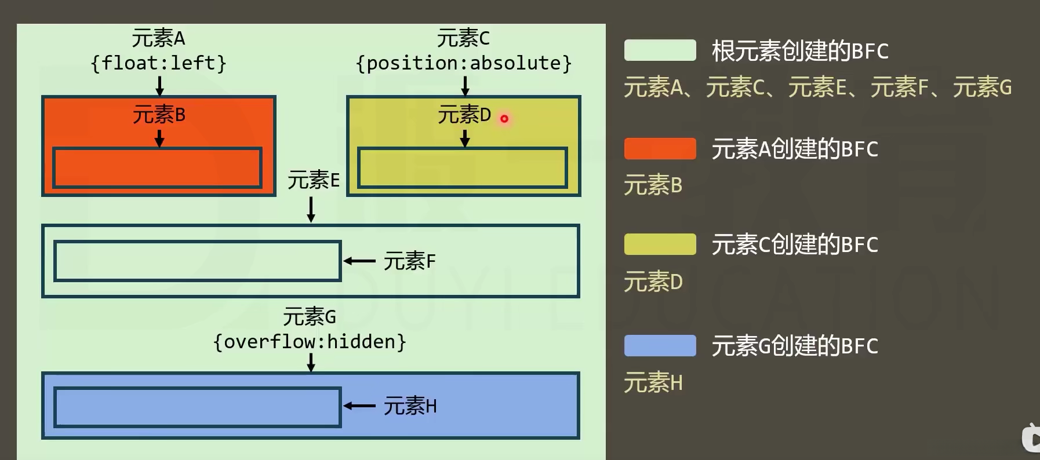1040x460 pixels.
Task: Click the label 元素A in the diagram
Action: point(158,39)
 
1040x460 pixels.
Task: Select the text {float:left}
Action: point(158,63)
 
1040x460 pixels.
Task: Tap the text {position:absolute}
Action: point(464,63)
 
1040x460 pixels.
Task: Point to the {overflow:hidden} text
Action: point(310,342)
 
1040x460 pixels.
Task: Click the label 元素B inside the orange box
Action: point(159,115)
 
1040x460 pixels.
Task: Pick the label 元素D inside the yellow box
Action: point(464,115)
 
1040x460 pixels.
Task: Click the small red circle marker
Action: point(504,119)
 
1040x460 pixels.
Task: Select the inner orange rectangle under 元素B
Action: point(157,168)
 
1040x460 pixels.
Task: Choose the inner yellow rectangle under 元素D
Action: point(462,168)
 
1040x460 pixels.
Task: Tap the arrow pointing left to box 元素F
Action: point(359,261)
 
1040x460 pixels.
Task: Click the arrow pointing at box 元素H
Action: point(359,406)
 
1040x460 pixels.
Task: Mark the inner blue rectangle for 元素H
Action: point(197,407)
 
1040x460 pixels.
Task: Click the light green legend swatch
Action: point(660,50)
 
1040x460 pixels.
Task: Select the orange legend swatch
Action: point(660,149)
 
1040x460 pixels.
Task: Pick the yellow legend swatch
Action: point(660,244)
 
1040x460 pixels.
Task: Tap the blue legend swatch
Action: point(660,346)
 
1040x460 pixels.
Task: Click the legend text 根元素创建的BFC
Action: point(800,51)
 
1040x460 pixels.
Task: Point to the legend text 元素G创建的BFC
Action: point(795,346)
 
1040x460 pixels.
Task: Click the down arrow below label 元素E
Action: point(311,209)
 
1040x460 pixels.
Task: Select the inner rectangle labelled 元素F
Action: point(197,261)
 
